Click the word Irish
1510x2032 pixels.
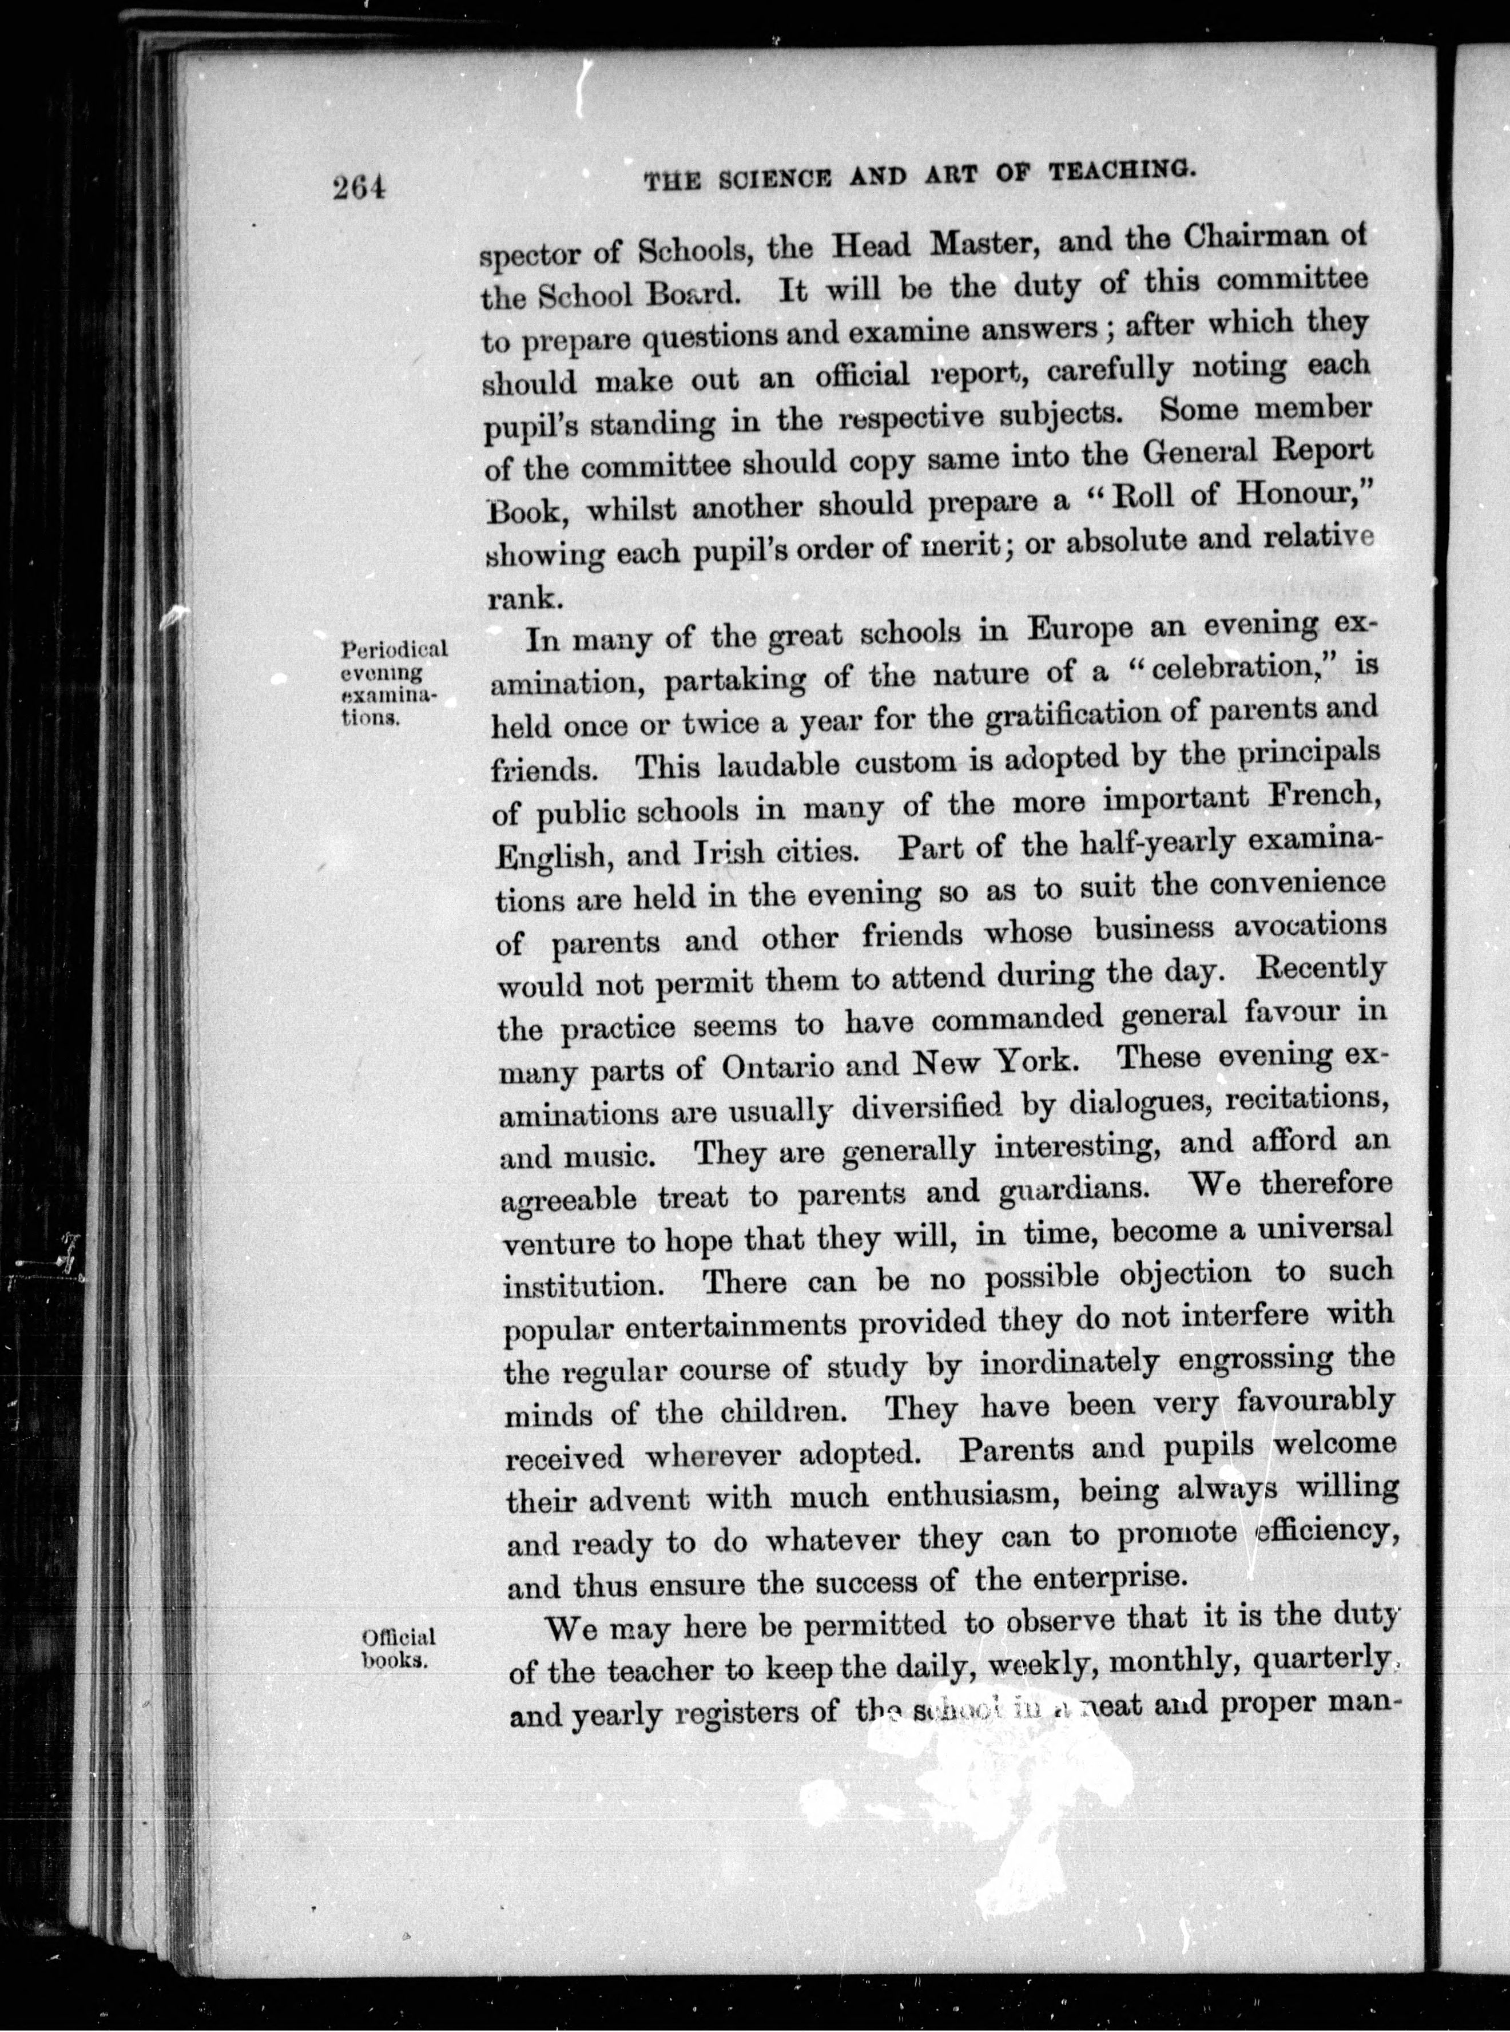pyautogui.click(x=732, y=853)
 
